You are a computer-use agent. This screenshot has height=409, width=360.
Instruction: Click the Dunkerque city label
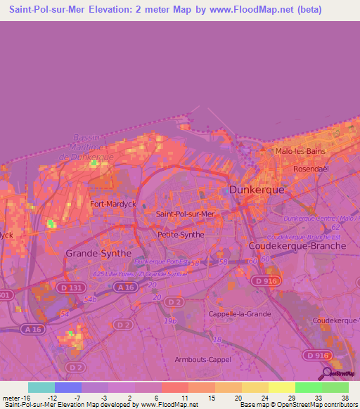click(x=257, y=190)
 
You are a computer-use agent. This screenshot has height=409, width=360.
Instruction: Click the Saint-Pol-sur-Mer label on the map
click(x=185, y=214)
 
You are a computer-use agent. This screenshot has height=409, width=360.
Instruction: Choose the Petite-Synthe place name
click(x=181, y=235)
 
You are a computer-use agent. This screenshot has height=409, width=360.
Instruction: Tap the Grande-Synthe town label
click(x=98, y=252)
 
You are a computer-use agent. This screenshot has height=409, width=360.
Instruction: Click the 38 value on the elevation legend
click(x=344, y=396)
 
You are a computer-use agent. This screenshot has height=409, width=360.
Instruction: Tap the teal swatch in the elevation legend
click(x=41, y=387)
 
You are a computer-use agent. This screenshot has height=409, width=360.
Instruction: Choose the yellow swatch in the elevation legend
click(x=282, y=387)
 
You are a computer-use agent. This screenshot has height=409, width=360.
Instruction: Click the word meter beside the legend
click(x=10, y=396)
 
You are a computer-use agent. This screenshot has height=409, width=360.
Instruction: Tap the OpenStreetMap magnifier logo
click(x=326, y=373)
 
